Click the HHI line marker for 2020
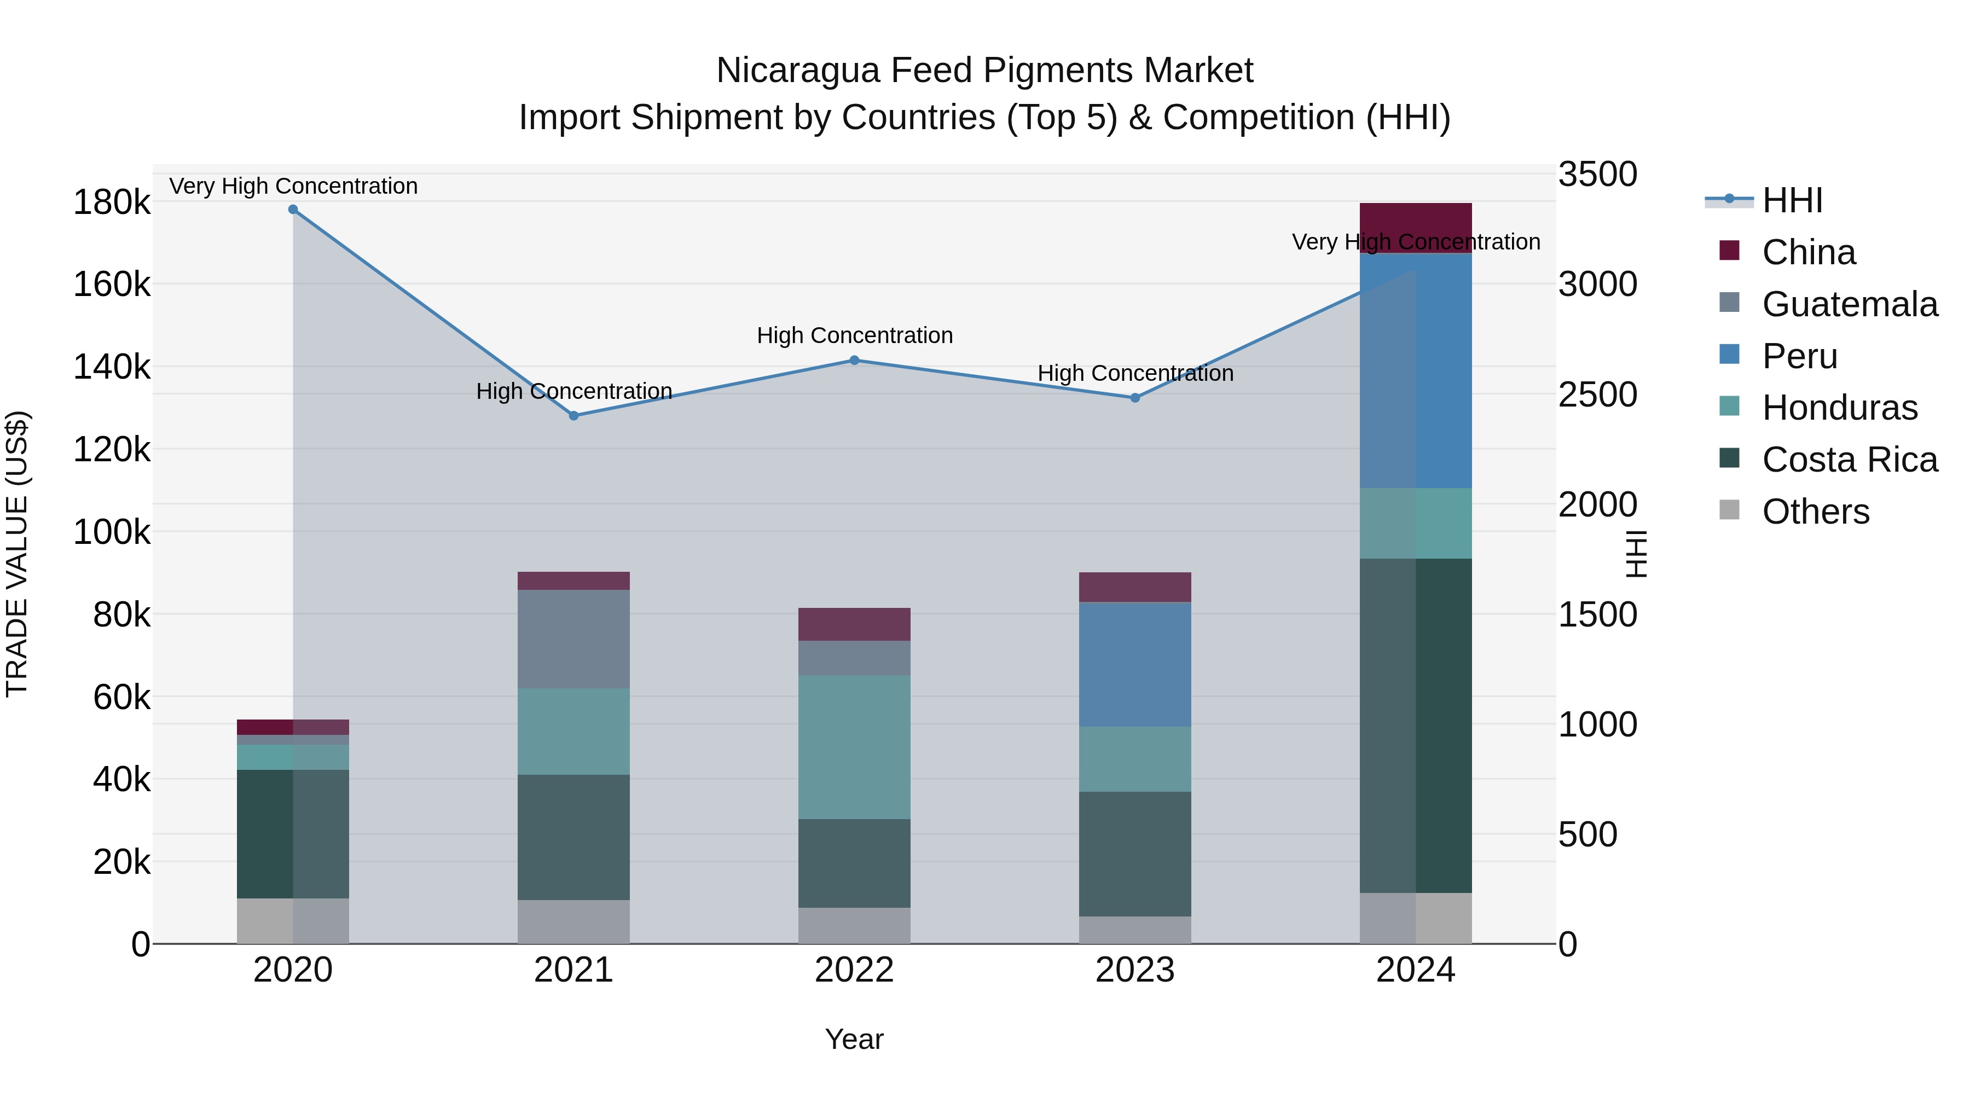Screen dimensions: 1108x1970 pyautogui.click(x=293, y=210)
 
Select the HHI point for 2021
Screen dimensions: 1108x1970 pyautogui.click(x=573, y=416)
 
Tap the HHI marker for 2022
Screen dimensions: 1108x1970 pyautogui.click(x=854, y=360)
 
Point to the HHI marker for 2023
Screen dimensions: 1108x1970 pyautogui.click(x=1135, y=398)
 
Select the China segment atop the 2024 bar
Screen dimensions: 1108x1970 pyautogui.click(x=1416, y=222)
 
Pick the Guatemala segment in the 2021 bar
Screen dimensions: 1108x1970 pyautogui.click(x=573, y=639)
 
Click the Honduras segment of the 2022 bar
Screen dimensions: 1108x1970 pyautogui.click(x=854, y=746)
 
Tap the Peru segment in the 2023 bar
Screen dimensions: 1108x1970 pyautogui.click(x=1135, y=664)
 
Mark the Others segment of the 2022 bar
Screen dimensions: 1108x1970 pyautogui.click(x=854, y=925)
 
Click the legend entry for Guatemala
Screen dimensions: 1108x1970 pyautogui.click(x=1849, y=304)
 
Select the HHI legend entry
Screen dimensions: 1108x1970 pyautogui.click(x=1792, y=200)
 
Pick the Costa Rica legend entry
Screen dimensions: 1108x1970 pyautogui.click(x=1849, y=460)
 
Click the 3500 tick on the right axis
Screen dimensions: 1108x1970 pyautogui.click(x=1597, y=175)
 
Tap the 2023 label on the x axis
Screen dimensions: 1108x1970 pyautogui.click(x=1135, y=970)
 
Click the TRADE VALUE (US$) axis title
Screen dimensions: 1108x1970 pyautogui.click(x=18, y=554)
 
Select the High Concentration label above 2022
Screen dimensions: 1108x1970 pyautogui.click(x=854, y=336)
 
